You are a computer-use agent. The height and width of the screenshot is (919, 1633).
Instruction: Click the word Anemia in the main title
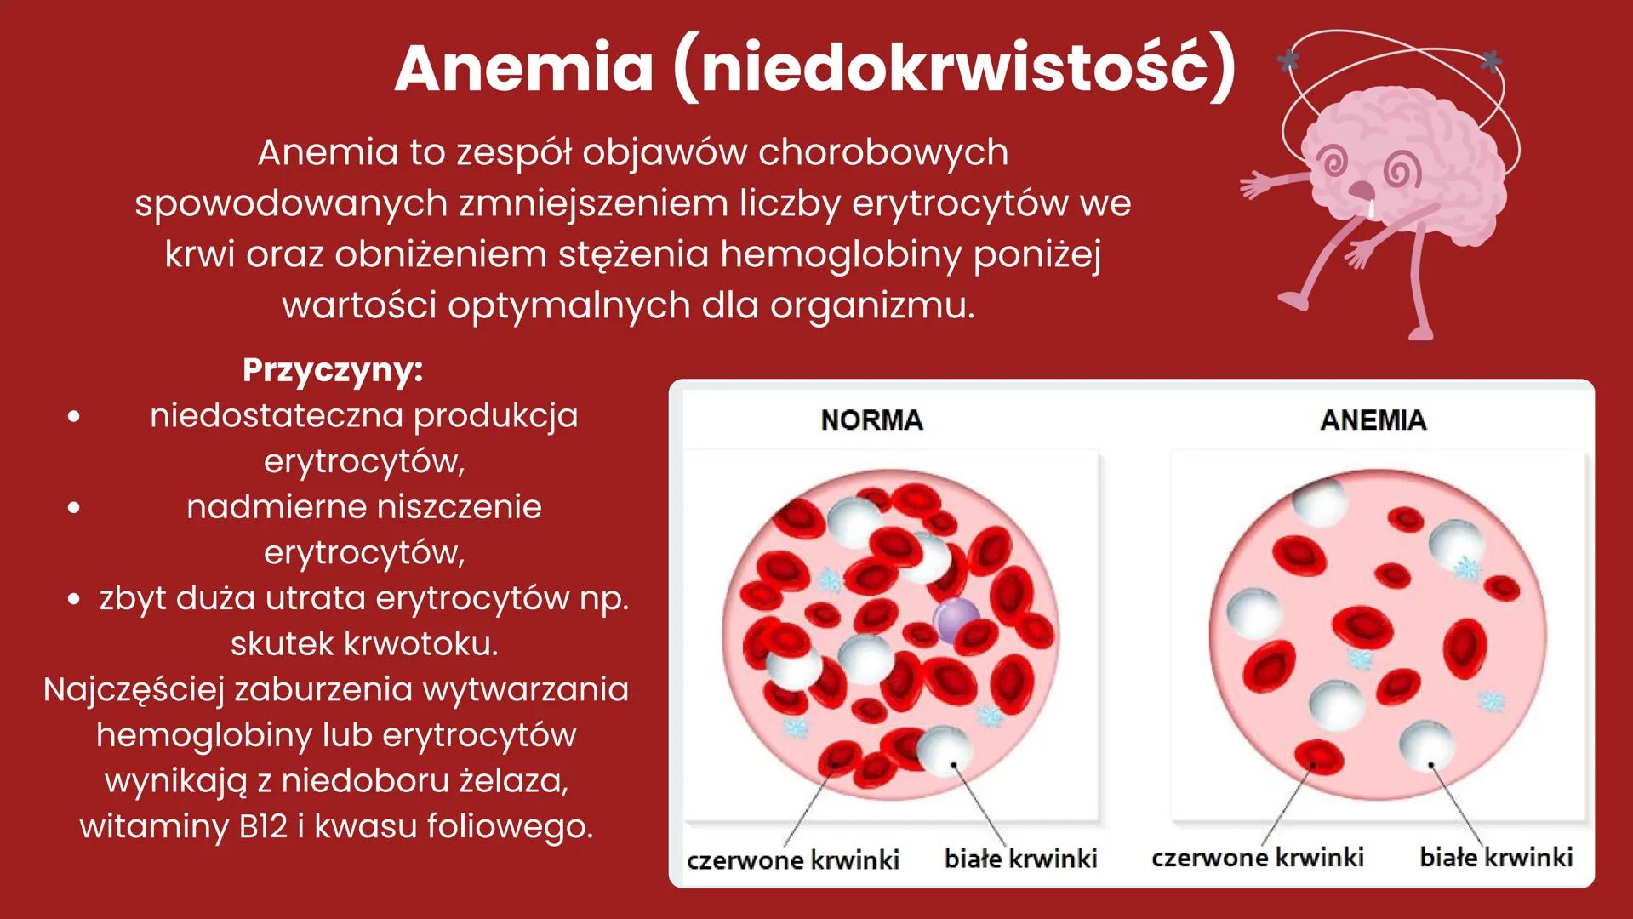pyautogui.click(x=523, y=68)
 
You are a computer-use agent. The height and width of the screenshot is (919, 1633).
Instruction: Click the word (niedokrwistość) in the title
pyautogui.click(x=953, y=68)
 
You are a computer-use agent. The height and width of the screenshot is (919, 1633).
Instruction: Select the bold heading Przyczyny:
pyautogui.click(x=332, y=370)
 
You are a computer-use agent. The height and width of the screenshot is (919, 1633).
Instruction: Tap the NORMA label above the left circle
pyautogui.click(x=871, y=420)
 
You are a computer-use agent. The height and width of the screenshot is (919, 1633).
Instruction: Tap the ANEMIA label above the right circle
pyautogui.click(x=1373, y=420)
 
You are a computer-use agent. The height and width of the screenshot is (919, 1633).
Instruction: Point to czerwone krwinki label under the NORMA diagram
pyautogui.click(x=793, y=859)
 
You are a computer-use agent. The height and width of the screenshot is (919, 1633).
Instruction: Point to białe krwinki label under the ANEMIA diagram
pyautogui.click(x=1496, y=856)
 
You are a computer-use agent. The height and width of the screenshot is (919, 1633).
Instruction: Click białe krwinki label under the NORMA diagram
pyautogui.click(x=1020, y=858)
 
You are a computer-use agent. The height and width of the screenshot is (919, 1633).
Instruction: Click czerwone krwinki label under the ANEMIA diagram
pyautogui.click(x=1257, y=856)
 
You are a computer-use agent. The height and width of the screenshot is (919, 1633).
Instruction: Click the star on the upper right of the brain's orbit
pyautogui.click(x=1490, y=61)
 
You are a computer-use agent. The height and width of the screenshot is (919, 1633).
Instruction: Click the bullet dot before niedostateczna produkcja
pyautogui.click(x=74, y=416)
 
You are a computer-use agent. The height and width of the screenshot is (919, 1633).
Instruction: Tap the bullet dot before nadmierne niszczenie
pyautogui.click(x=74, y=507)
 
